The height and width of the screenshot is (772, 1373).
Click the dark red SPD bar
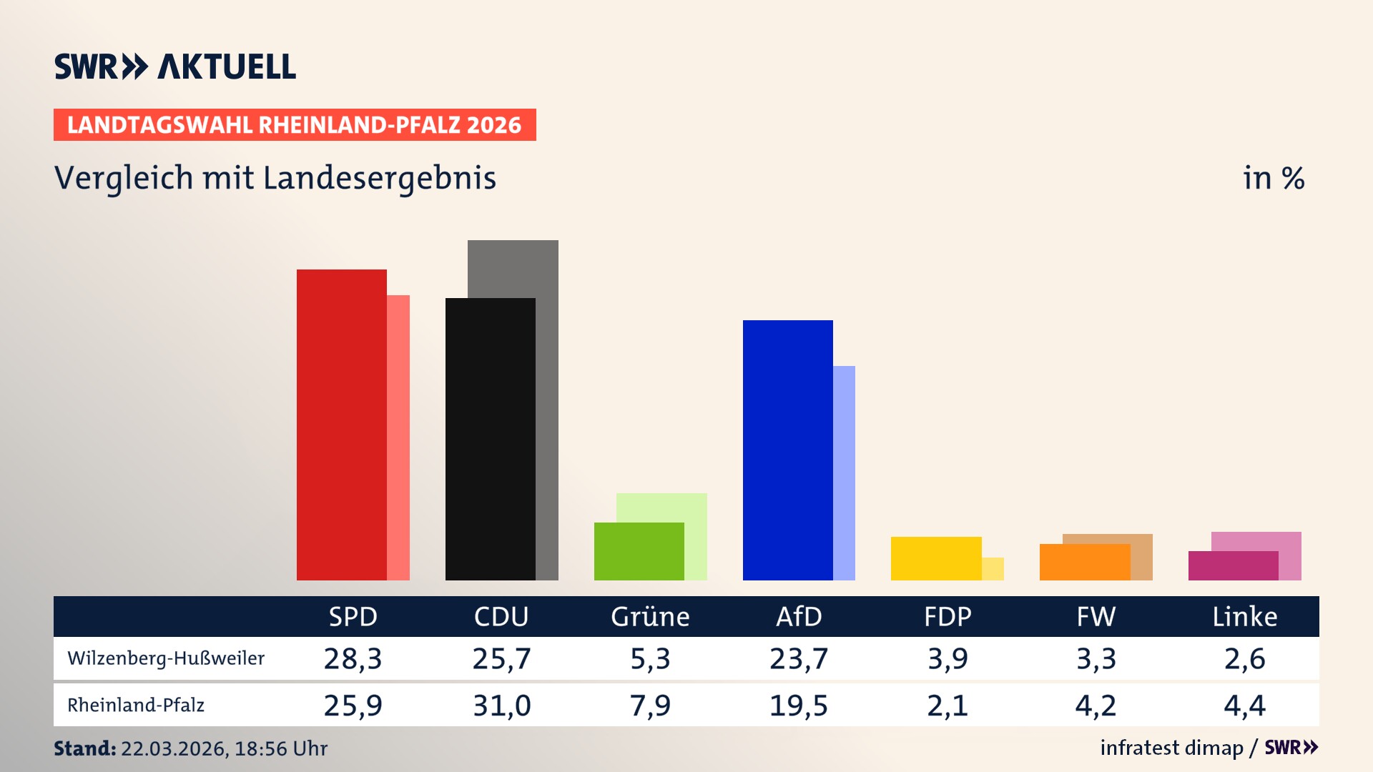pyautogui.click(x=341, y=425)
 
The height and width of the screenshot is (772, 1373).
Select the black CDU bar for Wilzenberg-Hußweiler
pyautogui.click(x=490, y=439)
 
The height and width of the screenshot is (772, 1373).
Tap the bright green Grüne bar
pyautogui.click(x=639, y=551)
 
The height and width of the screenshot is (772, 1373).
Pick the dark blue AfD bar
pyautogui.click(x=787, y=450)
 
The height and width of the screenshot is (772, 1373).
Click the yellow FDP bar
pyautogui.click(x=935, y=558)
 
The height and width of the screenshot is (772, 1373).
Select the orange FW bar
pyautogui.click(x=1084, y=562)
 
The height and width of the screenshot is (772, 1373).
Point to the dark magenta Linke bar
pyautogui.click(x=1233, y=565)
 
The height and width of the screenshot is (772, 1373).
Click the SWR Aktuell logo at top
pyautogui.click(x=174, y=66)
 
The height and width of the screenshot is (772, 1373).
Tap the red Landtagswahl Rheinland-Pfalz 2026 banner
pyautogui.click(x=294, y=125)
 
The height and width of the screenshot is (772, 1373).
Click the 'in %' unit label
pyautogui.click(x=1273, y=179)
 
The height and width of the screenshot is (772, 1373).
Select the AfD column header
pyautogui.click(x=799, y=616)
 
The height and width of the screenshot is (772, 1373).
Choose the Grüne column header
pyautogui.click(x=650, y=616)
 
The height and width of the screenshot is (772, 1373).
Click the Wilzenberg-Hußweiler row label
pyautogui.click(x=166, y=658)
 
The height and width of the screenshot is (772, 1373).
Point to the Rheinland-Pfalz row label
pyautogui.click(x=136, y=706)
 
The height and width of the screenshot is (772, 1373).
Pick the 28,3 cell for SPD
pyautogui.click(x=353, y=658)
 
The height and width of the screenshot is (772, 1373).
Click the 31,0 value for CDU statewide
pyautogui.click(x=501, y=706)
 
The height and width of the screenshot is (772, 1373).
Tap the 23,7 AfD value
pyautogui.click(x=799, y=658)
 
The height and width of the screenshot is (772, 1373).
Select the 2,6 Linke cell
pyautogui.click(x=1244, y=658)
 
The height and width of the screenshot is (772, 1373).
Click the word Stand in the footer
pyautogui.click(x=84, y=748)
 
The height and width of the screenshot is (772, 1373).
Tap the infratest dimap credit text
pyautogui.click(x=1171, y=748)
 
